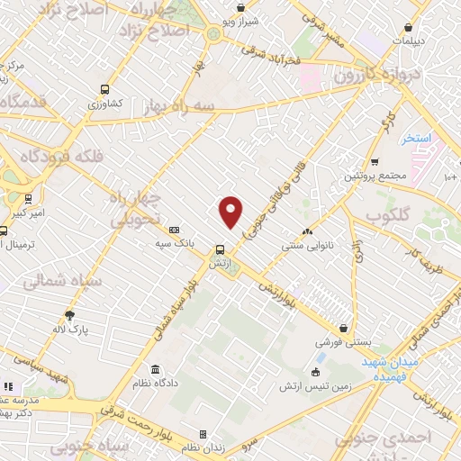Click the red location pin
(x=231, y=212)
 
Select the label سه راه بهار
(x=183, y=105)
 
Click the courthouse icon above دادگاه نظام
(x=156, y=370)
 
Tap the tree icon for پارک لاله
(x=69, y=314)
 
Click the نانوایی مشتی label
(x=288, y=243)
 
